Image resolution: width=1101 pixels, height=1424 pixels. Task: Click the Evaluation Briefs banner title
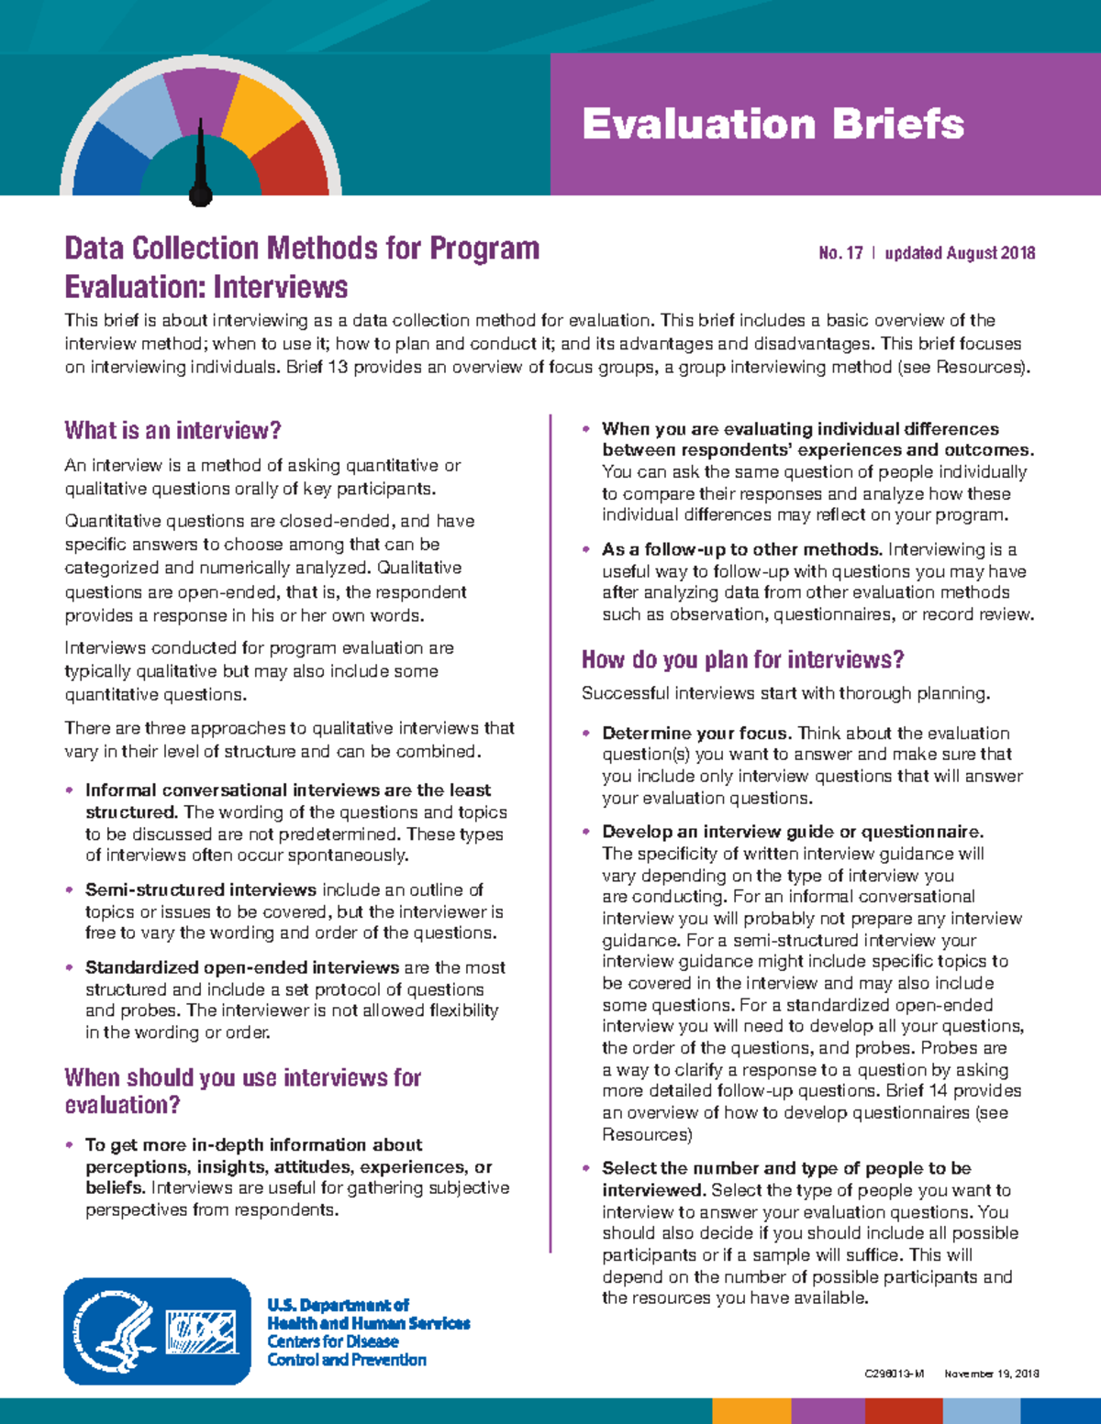[x=773, y=124]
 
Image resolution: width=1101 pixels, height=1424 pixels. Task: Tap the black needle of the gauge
[x=201, y=170]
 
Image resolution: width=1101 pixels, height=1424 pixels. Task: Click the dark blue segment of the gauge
[x=106, y=165]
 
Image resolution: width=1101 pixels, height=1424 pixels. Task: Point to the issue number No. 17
[x=840, y=253]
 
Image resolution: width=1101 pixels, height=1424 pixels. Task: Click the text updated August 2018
[x=960, y=253]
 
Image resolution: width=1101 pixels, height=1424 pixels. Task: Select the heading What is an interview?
[x=172, y=430]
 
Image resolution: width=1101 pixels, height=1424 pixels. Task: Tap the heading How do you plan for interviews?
[x=742, y=659]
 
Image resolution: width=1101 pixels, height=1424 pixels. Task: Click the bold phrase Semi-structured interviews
[x=200, y=889]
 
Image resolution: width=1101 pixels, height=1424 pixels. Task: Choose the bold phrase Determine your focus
[x=695, y=733]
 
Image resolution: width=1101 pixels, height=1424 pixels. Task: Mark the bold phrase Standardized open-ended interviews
[x=241, y=967]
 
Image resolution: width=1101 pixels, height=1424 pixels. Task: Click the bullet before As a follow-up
[x=586, y=550]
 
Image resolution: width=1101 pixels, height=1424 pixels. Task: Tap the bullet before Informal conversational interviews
[x=70, y=790]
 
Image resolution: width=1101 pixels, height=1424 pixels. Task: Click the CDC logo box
[x=201, y=1332]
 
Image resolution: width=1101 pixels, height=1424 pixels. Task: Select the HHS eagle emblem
[x=114, y=1331]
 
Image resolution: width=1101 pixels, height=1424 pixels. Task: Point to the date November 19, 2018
[x=991, y=1374]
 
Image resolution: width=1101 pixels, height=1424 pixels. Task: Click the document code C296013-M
[x=894, y=1374]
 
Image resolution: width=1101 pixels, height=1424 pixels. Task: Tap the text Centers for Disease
[x=332, y=1341]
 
